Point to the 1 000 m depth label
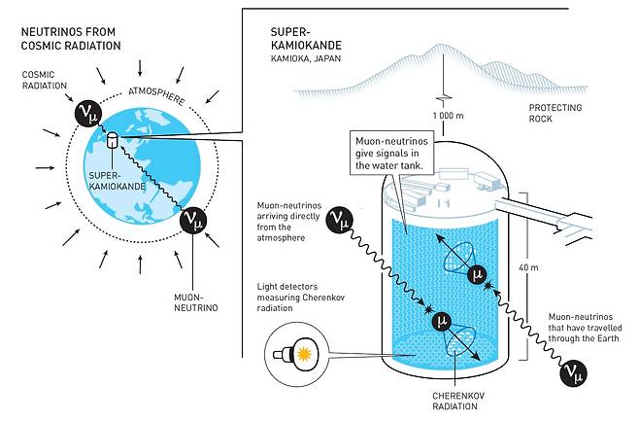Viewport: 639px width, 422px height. (x=442, y=115)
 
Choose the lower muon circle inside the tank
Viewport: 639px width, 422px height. (x=442, y=321)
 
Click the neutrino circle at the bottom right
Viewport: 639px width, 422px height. (x=573, y=370)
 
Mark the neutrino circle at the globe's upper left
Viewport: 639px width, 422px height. (x=89, y=116)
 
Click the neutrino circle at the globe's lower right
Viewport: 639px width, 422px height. (x=195, y=222)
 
